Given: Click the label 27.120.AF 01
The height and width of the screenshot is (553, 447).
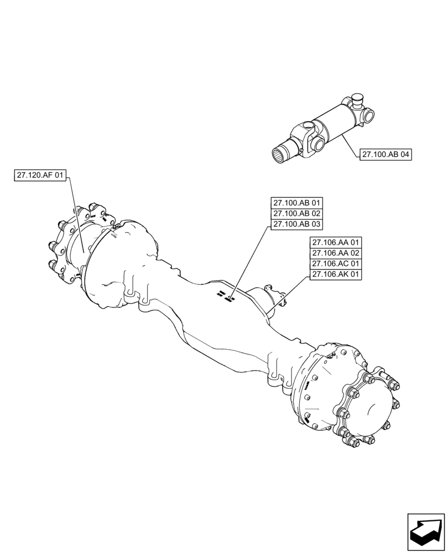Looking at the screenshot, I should pos(41,176).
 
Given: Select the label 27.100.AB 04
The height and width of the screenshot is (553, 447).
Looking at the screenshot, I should pos(386,155).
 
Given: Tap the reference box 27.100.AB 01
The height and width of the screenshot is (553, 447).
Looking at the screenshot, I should pos(297,203).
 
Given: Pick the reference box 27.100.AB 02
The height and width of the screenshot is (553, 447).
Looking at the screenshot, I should pos(297,213).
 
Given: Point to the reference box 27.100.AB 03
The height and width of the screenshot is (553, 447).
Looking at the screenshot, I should pos(297,224).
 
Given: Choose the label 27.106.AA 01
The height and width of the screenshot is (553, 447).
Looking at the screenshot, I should pos(336,242).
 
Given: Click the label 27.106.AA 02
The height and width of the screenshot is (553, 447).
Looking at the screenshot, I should pos(336,253).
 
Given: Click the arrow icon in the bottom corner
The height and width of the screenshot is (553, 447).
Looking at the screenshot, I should pos(425,532).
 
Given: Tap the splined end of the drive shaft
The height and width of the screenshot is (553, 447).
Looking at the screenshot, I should pos(284,153).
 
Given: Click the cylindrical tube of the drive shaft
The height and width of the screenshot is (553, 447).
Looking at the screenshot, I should pos(334,124).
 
